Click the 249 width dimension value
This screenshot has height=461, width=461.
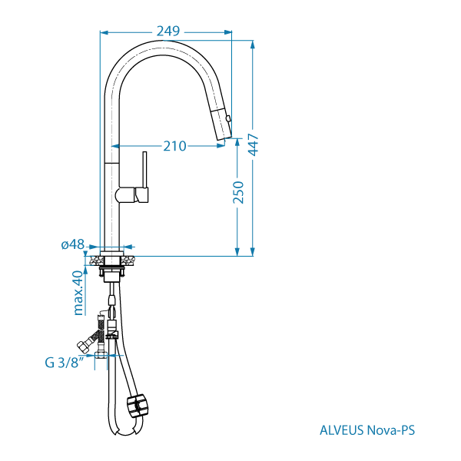[167, 32]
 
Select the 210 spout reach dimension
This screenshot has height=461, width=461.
[174, 146]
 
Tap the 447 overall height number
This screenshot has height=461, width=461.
[254, 144]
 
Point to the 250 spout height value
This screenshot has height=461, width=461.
[238, 193]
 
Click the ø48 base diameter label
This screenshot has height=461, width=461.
[73, 244]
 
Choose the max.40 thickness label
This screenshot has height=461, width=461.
[78, 293]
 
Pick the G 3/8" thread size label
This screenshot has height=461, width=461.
[64, 363]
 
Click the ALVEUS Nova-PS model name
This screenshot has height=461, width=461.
[367, 430]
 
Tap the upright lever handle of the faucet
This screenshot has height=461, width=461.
[144, 170]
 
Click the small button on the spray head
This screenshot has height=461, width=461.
[228, 118]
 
